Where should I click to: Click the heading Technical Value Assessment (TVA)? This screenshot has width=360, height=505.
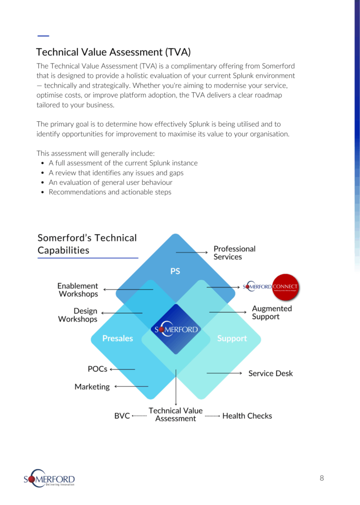[113, 52]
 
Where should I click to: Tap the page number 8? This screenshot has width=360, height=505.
[322, 478]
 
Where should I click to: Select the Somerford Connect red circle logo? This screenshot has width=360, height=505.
[286, 287]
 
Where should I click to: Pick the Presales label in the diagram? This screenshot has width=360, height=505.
[117, 338]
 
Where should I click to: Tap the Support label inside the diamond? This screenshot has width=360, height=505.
[232, 338]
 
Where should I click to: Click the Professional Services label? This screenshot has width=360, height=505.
[234, 252]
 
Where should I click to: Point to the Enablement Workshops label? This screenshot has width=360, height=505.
[78, 290]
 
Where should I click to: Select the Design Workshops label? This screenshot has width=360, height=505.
[78, 315]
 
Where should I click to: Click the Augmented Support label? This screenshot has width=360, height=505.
[272, 312]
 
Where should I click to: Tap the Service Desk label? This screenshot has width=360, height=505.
[270, 373]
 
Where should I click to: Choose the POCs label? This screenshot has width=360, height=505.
[97, 369]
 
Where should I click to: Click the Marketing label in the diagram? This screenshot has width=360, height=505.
[92, 387]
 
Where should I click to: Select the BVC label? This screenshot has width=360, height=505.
[122, 416]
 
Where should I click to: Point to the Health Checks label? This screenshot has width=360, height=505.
[247, 416]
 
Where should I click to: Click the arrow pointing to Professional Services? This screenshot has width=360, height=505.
[192, 252]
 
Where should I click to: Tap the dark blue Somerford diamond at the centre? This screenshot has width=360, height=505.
[176, 329]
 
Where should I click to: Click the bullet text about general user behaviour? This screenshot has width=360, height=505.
[110, 182]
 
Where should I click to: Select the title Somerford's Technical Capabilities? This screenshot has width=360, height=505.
[87, 244]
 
